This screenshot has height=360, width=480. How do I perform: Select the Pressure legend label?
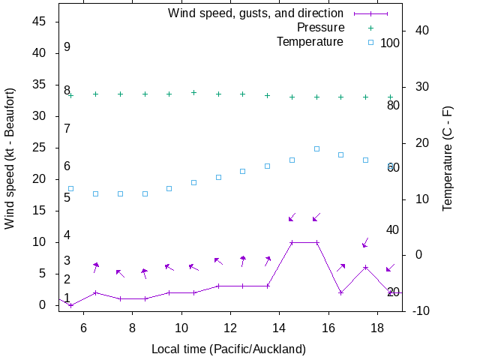tap(320, 28)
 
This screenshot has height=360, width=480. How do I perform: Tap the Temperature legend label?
tap(310, 41)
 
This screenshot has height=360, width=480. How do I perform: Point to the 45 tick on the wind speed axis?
tap(40, 22)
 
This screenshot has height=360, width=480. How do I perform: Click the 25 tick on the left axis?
tap(40, 148)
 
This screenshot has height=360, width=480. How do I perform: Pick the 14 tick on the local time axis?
tap(279, 328)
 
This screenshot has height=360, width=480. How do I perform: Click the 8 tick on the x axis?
tap(132, 328)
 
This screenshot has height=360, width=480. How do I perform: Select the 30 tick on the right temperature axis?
tap(416, 87)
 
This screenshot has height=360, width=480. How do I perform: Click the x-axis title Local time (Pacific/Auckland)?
tap(229, 349)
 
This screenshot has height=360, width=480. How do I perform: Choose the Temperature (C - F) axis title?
tap(448, 158)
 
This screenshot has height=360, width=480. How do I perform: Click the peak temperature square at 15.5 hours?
tap(316, 148)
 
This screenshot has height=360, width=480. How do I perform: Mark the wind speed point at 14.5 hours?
tap(292, 242)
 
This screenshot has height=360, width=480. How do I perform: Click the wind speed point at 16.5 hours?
tap(340, 292)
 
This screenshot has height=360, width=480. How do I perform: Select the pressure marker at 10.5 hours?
tap(193, 92)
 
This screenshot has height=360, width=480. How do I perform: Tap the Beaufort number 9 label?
tap(67, 47)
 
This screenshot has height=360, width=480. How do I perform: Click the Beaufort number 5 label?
tap(67, 198)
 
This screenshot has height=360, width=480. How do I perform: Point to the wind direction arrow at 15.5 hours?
tap(316, 217)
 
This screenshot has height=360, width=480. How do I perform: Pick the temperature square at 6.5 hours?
tap(95, 193)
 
